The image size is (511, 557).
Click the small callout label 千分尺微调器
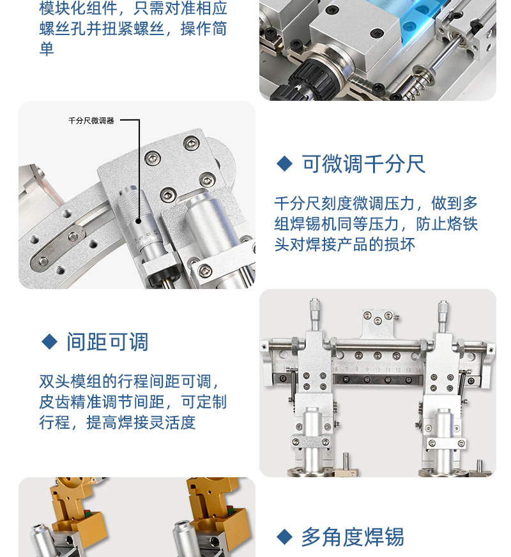pyautogui.click(x=91, y=121)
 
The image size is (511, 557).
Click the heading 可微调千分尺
pyautogui.click(x=363, y=165)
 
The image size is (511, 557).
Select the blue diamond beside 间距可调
pyautogui.click(x=49, y=341)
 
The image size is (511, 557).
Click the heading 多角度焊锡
pyautogui.click(x=353, y=537)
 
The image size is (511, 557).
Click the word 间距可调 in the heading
pyautogui.click(x=107, y=342)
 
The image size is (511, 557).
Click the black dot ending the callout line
pyautogui.click(x=139, y=221)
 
